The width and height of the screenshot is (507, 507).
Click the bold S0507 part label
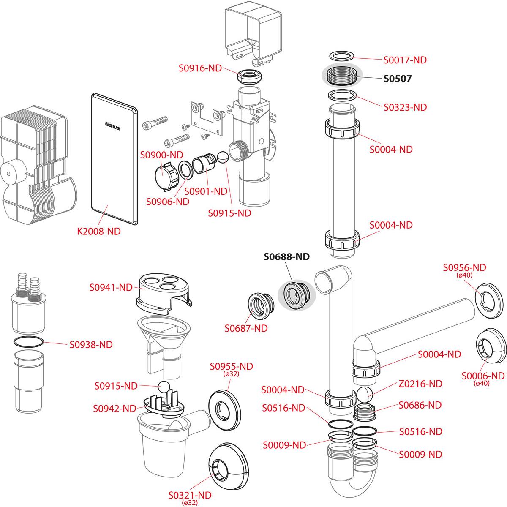[x=397, y=79]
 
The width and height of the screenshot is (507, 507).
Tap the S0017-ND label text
[x=405, y=60]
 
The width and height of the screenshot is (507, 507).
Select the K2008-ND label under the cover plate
[x=99, y=231]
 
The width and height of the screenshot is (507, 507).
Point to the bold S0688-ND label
[x=286, y=256]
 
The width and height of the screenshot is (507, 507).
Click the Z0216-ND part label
[x=420, y=384]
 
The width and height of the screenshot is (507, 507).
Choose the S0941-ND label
[x=111, y=287]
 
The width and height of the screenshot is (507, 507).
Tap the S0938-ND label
[x=91, y=344]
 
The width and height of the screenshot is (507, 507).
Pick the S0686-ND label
[x=420, y=405]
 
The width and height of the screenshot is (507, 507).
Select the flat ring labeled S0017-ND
[x=341, y=57]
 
